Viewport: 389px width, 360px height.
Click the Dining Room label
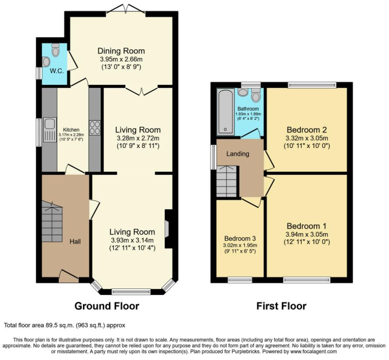tap(121, 51)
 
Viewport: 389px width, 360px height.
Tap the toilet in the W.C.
tap(56, 50)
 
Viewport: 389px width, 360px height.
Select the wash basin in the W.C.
tap(46, 62)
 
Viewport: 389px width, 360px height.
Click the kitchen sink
tap(50, 130)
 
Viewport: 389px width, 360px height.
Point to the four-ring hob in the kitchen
tap(95, 127)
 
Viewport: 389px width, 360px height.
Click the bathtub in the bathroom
tap(225, 112)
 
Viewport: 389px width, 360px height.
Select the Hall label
tap(75, 241)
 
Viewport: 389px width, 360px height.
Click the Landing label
tap(238, 154)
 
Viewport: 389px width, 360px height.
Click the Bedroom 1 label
tap(306, 226)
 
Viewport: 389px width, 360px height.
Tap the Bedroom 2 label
tap(306, 130)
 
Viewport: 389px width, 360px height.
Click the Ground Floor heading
tap(107, 306)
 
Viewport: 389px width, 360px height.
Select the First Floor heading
tap(281, 306)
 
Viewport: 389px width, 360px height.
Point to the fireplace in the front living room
tap(169, 229)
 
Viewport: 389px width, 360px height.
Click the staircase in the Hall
tap(52, 222)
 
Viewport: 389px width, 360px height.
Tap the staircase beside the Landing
tap(227, 182)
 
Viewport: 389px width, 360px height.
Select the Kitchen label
tap(71, 130)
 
